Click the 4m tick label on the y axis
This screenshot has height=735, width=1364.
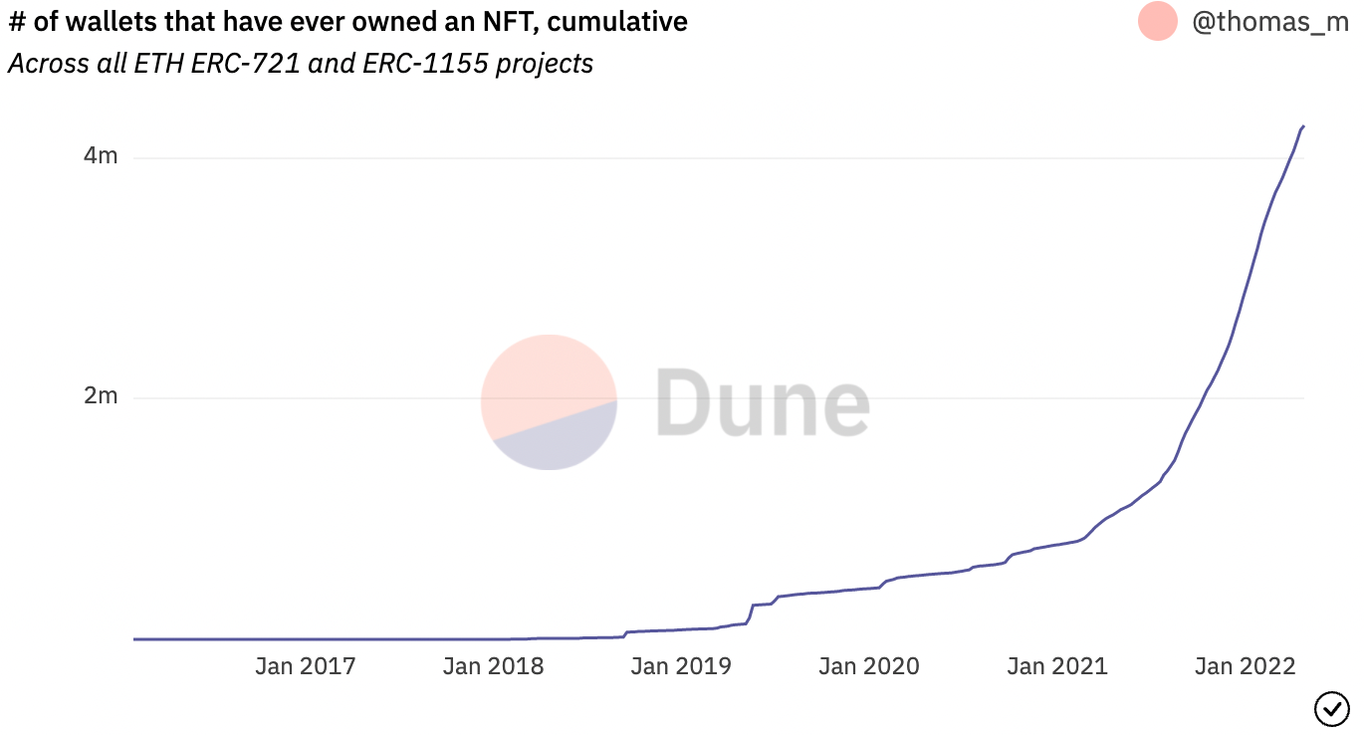[x=101, y=156]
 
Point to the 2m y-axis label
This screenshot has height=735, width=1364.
[x=101, y=396]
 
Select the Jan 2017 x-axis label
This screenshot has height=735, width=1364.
[x=305, y=666]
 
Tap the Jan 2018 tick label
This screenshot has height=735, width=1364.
[x=493, y=666]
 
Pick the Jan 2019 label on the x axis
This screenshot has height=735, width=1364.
[x=681, y=666]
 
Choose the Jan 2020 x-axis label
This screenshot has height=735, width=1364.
[x=869, y=666]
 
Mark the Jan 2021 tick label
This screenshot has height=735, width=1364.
[x=1057, y=666]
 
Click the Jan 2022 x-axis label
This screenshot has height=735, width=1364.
[x=1246, y=666]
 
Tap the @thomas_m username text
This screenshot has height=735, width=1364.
[x=1270, y=22]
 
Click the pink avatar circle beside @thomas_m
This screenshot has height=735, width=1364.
[x=1158, y=21]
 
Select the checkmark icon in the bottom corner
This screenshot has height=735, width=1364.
[x=1331, y=709]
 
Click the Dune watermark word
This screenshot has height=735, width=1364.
[x=762, y=402]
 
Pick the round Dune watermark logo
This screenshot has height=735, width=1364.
[x=549, y=402]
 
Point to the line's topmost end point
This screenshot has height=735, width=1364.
[x=1303, y=126]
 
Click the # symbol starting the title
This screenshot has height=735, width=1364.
[x=16, y=21]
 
